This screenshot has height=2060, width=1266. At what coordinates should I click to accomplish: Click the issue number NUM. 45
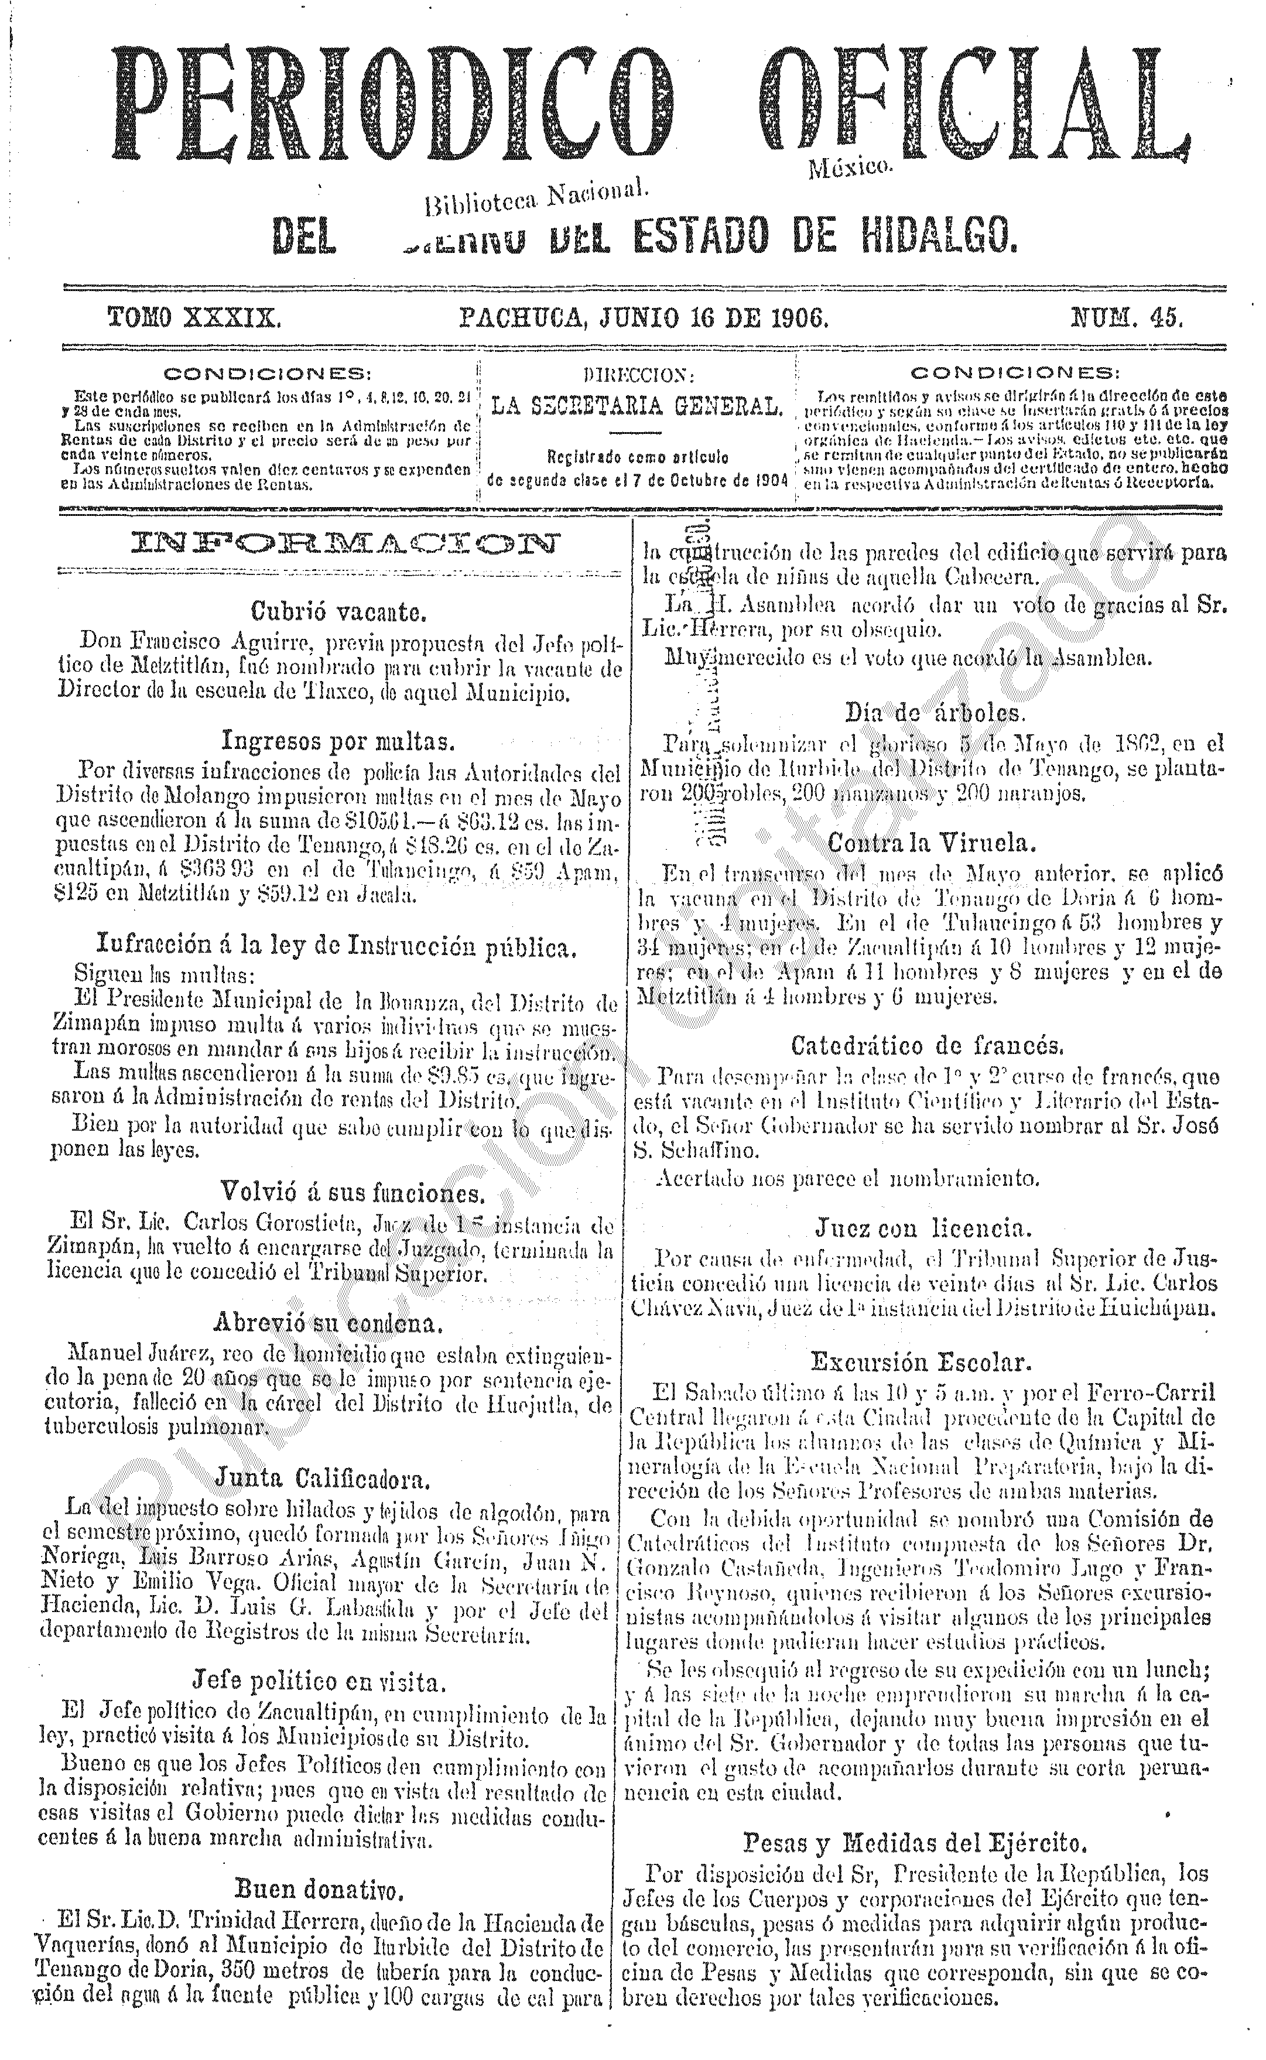coord(1126,318)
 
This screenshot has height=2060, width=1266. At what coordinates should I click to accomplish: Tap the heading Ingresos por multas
coord(338,741)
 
